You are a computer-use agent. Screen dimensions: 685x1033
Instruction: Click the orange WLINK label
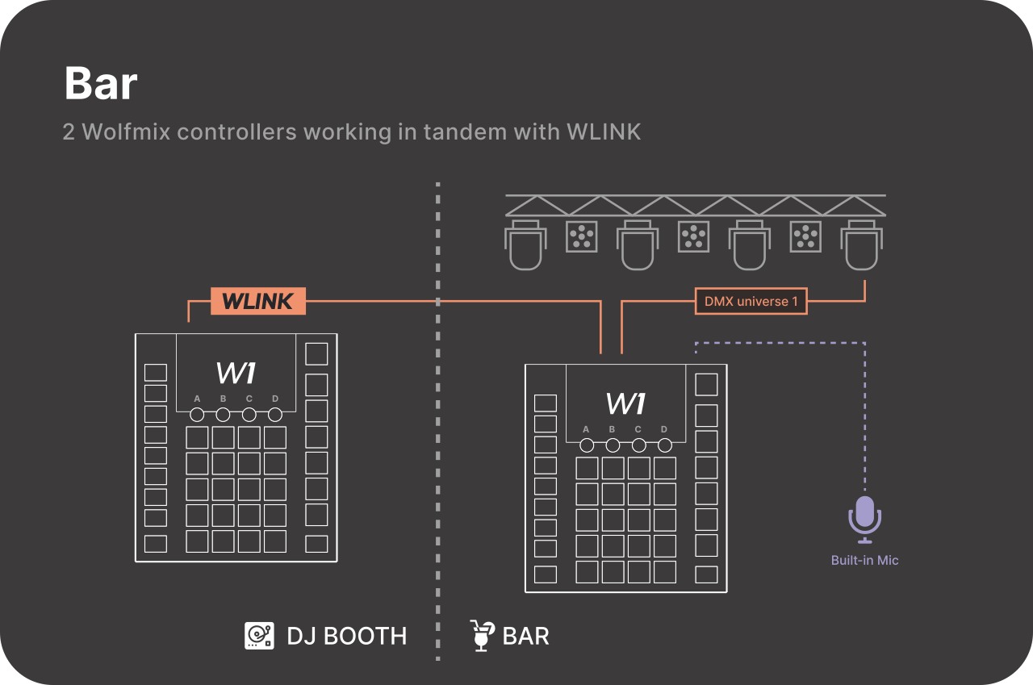pyautogui.click(x=257, y=301)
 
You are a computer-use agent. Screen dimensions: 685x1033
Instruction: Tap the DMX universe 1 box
pyautogui.click(x=751, y=302)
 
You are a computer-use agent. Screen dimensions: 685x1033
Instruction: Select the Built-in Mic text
pyautogui.click(x=864, y=560)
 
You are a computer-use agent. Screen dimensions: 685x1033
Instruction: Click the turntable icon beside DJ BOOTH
pyautogui.click(x=259, y=636)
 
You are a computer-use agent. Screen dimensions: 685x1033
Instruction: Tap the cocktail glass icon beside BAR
pyautogui.click(x=482, y=636)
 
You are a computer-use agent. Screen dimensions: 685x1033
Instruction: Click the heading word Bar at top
pyautogui.click(x=101, y=83)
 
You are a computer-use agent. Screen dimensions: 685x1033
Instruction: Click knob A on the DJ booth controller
pyautogui.click(x=197, y=415)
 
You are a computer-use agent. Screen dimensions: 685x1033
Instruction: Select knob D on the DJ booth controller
pyautogui.click(x=275, y=415)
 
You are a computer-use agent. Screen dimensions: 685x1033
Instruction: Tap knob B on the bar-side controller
pyautogui.click(x=613, y=445)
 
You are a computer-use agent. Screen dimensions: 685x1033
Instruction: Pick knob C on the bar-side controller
pyautogui.click(x=638, y=445)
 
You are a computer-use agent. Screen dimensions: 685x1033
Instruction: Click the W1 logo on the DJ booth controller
pyautogui.click(x=236, y=373)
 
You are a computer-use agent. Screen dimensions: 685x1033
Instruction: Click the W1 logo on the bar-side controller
pyautogui.click(x=625, y=403)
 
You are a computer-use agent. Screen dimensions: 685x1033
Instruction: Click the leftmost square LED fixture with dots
pyautogui.click(x=579, y=236)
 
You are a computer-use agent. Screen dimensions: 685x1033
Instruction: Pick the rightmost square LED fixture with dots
pyautogui.click(x=804, y=236)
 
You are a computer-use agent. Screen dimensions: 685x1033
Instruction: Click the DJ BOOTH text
pyautogui.click(x=347, y=636)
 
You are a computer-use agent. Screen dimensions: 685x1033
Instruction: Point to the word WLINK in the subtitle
pyautogui.click(x=604, y=132)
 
